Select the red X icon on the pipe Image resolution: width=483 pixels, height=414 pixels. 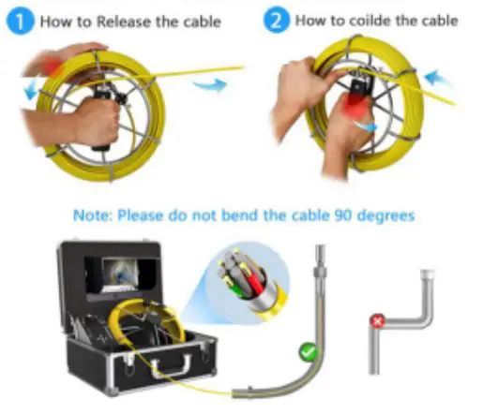click(x=379, y=319)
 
